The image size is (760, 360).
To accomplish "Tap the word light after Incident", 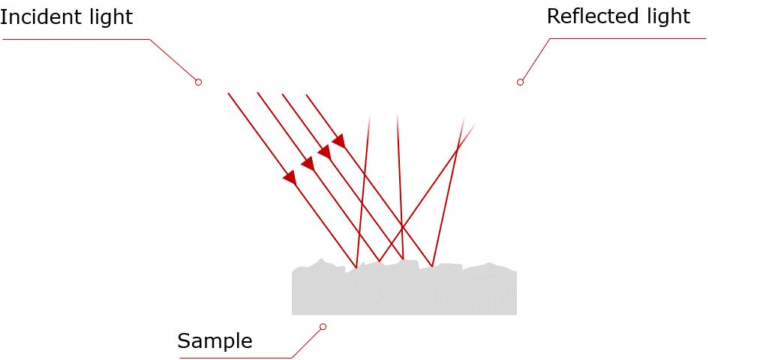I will tap(108, 16).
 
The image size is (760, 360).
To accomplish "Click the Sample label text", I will tap(215, 341).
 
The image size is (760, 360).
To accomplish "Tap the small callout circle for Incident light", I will tap(198, 82).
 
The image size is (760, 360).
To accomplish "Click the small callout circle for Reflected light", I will tap(520, 82).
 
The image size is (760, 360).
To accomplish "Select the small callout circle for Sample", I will tap(323, 326).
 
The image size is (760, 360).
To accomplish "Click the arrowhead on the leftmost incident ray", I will tap(290, 178).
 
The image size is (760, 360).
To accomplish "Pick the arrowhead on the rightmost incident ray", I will tap(339, 140).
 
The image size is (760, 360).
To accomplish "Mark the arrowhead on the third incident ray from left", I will tap(324, 151).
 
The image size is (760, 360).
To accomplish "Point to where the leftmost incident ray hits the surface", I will tap(356, 268).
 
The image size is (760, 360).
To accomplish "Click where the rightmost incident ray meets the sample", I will tap(432, 266).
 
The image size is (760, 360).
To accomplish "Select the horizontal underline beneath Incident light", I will tap(75, 39).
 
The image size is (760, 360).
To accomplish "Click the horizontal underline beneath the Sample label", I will tap(233, 358).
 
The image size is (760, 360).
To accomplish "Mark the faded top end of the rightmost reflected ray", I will tap(474, 125).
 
